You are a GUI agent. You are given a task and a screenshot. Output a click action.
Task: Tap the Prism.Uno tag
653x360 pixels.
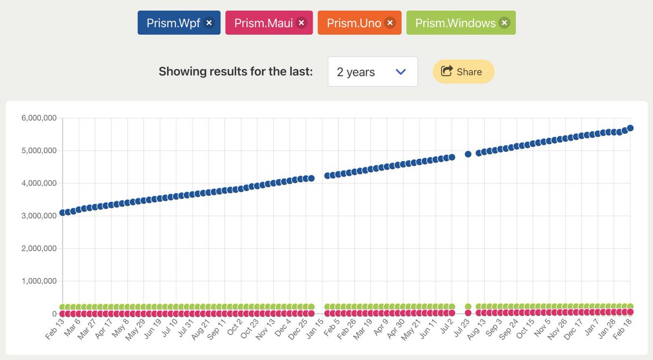click(x=354, y=23)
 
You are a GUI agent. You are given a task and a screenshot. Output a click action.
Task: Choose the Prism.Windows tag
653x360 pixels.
click(x=455, y=23)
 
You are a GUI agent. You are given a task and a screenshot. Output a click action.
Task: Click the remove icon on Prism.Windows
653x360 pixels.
click(x=504, y=23)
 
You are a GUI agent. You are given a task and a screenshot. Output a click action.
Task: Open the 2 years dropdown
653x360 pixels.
click(x=373, y=72)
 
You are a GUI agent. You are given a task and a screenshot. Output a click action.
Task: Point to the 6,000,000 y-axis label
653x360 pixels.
click(x=39, y=118)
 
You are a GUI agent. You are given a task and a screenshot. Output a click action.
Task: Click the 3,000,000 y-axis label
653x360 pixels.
click(x=39, y=216)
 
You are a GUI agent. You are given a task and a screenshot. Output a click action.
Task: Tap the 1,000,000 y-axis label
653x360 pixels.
click(x=39, y=281)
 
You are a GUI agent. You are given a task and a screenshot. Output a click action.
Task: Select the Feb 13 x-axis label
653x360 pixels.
click(x=56, y=330)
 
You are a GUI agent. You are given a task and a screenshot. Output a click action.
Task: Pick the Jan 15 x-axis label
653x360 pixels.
click(x=316, y=330)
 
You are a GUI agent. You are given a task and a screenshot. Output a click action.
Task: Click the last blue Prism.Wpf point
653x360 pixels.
click(x=630, y=128)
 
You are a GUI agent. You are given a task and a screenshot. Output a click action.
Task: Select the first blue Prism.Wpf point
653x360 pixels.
click(x=63, y=213)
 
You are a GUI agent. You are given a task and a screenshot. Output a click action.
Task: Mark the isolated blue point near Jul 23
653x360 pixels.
click(x=468, y=154)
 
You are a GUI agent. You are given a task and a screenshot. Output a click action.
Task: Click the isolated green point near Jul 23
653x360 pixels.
click(x=468, y=307)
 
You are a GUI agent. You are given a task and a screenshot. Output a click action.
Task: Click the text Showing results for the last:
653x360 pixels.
click(x=235, y=72)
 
